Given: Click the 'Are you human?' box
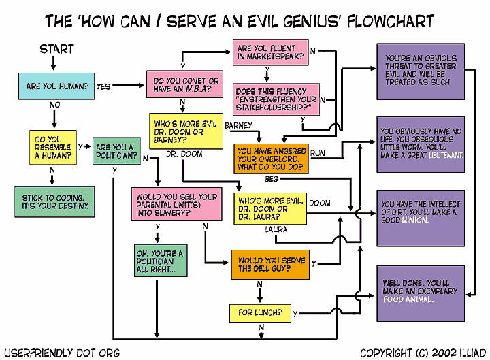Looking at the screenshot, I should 56,86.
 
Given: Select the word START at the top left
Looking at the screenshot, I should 57,49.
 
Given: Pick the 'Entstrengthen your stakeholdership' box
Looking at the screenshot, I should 276,99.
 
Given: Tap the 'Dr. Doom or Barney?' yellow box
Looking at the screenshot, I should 184,131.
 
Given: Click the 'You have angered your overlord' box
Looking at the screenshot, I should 270,159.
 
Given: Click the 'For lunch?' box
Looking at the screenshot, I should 260,314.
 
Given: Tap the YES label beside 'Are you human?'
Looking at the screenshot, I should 103,86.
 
